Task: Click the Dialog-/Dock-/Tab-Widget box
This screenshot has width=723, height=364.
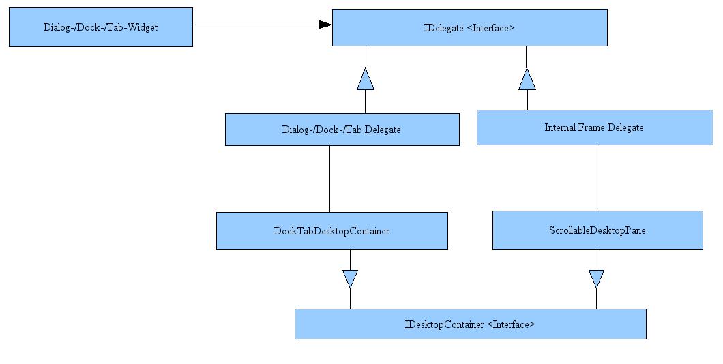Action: [x=101, y=27]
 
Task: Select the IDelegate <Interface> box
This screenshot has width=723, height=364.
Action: [x=470, y=28]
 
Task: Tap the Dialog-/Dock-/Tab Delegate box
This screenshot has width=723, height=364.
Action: [x=342, y=130]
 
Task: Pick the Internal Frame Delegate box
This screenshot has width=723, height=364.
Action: [x=595, y=127]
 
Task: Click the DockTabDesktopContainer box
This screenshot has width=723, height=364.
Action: [x=332, y=231]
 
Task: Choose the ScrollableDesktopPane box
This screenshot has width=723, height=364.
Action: [x=597, y=230]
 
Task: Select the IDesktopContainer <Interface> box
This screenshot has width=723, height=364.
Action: [x=471, y=324]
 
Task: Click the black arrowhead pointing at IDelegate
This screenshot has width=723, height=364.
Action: [x=325, y=25]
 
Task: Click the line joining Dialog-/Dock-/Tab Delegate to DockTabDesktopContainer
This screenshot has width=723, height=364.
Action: [x=329, y=179]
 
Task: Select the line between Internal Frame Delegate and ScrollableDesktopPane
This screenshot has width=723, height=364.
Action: [x=597, y=178]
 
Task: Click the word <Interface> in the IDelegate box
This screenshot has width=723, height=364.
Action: [x=490, y=28]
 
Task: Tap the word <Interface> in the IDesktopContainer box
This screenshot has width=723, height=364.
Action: [x=511, y=325]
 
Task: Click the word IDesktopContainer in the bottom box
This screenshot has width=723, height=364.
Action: [x=445, y=325]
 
